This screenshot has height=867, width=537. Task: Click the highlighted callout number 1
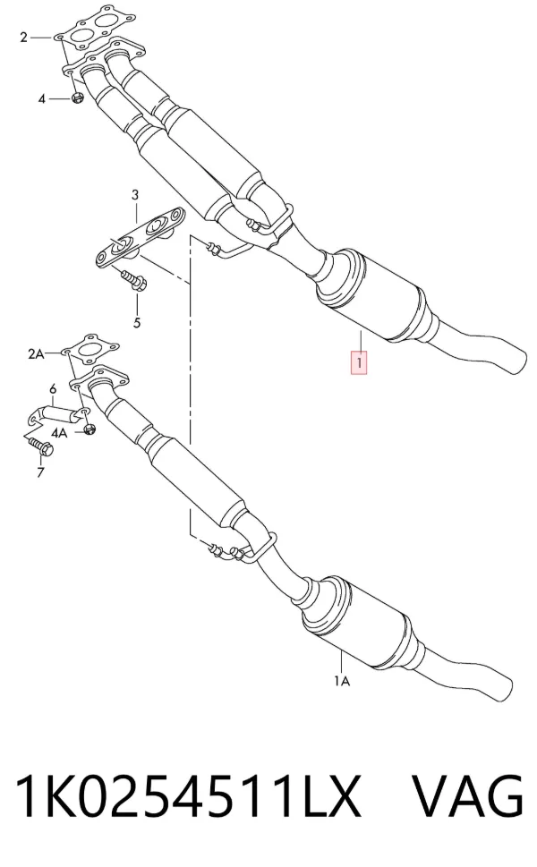360,364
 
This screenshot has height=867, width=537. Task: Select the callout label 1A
342,681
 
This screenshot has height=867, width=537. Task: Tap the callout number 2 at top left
23,38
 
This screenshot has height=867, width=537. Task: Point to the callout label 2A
36,353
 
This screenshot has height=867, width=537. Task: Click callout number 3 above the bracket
135,195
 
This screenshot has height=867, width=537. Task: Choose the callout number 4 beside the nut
41,99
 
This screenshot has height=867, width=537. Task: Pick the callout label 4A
58,432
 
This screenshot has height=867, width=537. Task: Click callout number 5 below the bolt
137,322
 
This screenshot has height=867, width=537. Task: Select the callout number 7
39,472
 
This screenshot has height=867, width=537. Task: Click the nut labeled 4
77,98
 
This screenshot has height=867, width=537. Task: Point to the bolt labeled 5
133,280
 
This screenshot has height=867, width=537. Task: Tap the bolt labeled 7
41,446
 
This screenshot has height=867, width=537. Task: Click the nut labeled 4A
90,429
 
